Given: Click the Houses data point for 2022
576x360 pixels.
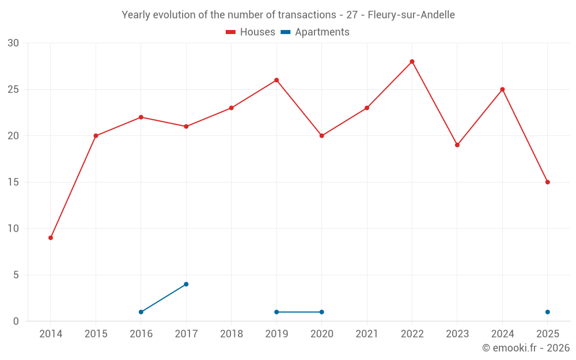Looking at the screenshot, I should pyautogui.click(x=412, y=62).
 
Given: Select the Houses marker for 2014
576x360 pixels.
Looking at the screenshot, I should pyautogui.click(x=51, y=238).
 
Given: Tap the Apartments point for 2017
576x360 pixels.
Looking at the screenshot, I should pyautogui.click(x=186, y=284).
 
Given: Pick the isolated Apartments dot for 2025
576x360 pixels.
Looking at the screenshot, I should pyautogui.click(x=547, y=312).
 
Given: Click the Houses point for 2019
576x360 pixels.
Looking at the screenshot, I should pyautogui.click(x=276, y=80).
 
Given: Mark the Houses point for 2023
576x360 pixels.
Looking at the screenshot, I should pyautogui.click(x=457, y=145).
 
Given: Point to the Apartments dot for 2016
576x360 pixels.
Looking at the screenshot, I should pyautogui.click(x=141, y=312).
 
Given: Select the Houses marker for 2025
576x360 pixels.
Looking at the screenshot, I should pyautogui.click(x=547, y=182).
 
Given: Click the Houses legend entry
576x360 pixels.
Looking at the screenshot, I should pyautogui.click(x=251, y=32).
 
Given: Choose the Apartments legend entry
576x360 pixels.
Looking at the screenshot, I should pyautogui.click(x=315, y=32).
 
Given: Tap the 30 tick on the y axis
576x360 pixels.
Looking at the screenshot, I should pyautogui.click(x=13, y=43).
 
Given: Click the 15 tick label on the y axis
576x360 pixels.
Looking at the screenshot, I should pyautogui.click(x=13, y=182).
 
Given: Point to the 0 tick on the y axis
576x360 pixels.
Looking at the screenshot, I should pyautogui.click(x=16, y=321).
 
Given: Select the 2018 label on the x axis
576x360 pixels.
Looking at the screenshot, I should pyautogui.click(x=232, y=334).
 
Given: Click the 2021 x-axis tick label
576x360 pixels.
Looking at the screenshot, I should pyautogui.click(x=367, y=334).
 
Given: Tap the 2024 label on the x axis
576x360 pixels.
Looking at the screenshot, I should pyautogui.click(x=502, y=334).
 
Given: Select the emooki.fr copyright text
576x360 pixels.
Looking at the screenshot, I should pyautogui.click(x=525, y=348).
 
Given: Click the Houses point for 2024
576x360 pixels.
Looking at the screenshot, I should pyautogui.click(x=502, y=89).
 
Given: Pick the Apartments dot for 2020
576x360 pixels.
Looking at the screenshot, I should pyautogui.click(x=321, y=312).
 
